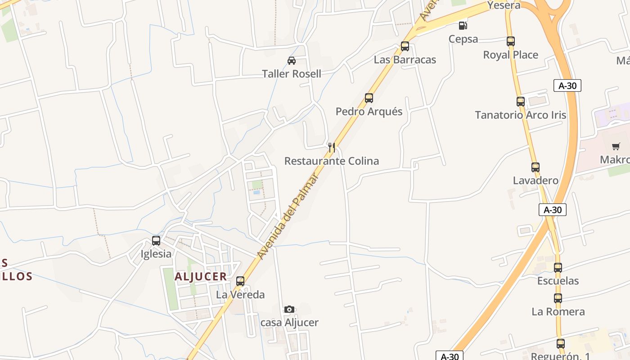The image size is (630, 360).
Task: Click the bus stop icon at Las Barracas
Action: [405, 46]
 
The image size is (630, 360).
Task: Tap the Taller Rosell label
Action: [292, 74]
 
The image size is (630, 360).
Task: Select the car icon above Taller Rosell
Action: [292, 60]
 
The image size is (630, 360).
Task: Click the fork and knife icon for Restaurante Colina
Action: [332, 147]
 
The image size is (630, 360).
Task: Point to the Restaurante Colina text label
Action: [332, 161]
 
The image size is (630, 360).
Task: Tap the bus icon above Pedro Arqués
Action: [369, 98]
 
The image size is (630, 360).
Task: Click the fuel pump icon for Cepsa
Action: [463, 26]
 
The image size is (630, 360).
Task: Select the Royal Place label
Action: [510, 55]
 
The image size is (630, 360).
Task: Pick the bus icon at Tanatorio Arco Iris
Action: [521, 102]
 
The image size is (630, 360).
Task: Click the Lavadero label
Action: [535, 181]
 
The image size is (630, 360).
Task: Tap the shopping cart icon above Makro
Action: [616, 146]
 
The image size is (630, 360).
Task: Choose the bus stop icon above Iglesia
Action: [156, 241]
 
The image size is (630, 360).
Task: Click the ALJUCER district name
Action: [201, 277]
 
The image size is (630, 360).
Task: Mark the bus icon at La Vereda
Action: [240, 282]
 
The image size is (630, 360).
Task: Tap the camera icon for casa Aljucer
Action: [289, 309]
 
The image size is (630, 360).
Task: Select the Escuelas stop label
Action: [558, 281]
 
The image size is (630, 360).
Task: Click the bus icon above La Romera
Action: [558, 298]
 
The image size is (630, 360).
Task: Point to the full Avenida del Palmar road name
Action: [288, 216]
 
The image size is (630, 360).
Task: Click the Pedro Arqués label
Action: [369, 112]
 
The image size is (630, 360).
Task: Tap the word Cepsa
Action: [463, 39]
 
